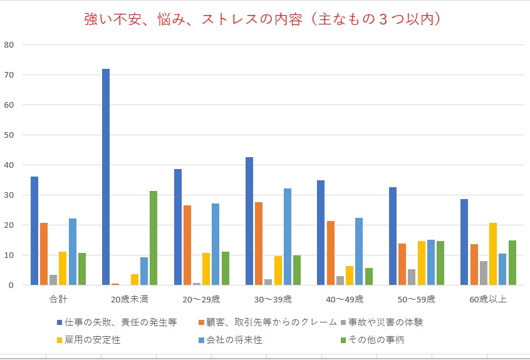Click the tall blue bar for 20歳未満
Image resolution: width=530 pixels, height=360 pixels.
point(106,177)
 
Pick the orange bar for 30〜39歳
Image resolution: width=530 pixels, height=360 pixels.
point(259,244)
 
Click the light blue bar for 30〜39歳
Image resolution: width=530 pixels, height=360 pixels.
point(288,237)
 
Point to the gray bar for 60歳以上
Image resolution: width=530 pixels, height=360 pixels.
point(483,273)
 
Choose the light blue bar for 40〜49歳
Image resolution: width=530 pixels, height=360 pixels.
point(359,251)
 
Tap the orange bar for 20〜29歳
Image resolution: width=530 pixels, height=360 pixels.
point(187,245)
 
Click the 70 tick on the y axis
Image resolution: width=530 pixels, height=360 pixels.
point(9,75)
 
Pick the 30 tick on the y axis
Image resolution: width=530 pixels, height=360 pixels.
point(9,195)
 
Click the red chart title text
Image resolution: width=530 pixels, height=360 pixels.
point(266,19)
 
